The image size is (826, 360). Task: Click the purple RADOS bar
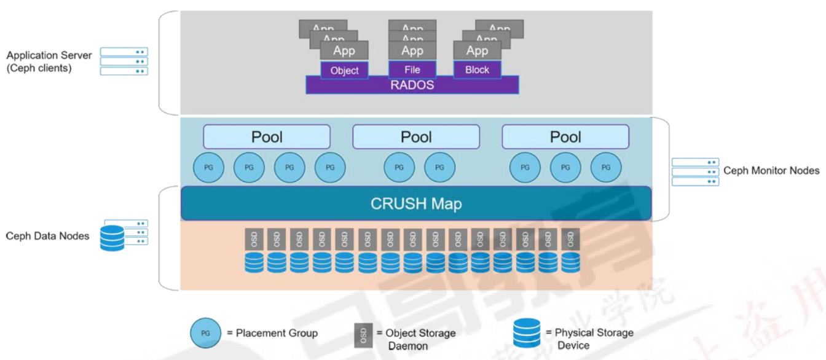412,85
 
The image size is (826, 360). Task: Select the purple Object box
344,70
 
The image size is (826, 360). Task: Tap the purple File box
412,69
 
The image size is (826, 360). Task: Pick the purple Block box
477,69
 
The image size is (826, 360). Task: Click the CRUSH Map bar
415,203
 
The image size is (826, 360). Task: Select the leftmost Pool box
267,136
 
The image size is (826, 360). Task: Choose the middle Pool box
416,136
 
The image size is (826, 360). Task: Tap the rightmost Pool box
565,136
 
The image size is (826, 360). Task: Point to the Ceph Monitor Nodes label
771,171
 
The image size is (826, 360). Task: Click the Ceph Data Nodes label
47,236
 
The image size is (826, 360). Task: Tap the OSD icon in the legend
363,334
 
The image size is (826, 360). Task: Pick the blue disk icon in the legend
527,333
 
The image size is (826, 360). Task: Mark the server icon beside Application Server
124,61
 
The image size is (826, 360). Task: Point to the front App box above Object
344,51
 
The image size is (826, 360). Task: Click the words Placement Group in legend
277,333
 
